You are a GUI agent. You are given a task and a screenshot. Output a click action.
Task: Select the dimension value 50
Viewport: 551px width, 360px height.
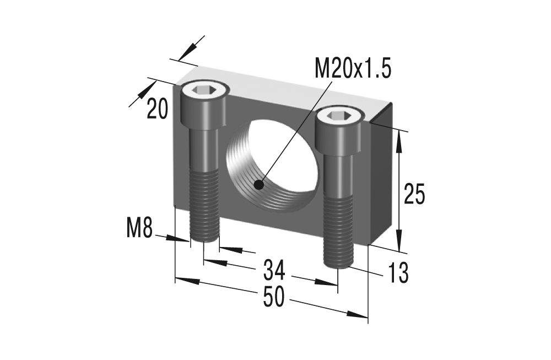[273, 297]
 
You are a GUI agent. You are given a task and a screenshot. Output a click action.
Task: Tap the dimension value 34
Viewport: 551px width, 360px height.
[274, 270]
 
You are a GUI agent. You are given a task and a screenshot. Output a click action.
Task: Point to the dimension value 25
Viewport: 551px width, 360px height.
[414, 195]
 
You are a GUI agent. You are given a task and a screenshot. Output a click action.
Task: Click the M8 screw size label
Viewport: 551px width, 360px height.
[139, 228]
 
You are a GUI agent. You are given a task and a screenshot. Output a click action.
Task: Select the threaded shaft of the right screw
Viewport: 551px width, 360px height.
[338, 232]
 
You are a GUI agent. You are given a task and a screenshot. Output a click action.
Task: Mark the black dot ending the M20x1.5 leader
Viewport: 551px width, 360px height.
[258, 185]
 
